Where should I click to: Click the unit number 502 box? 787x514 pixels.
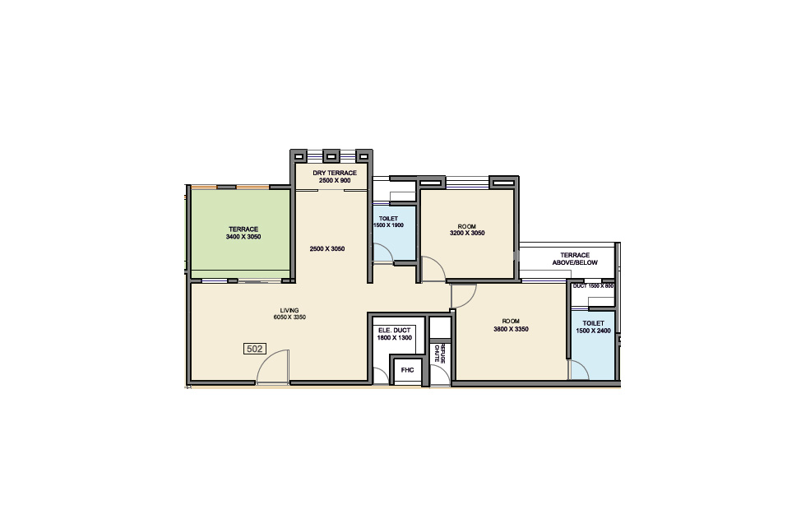[x=254, y=349]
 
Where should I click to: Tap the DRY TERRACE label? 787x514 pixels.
[x=335, y=173]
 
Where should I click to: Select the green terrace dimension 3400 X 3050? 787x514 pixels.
[x=243, y=237]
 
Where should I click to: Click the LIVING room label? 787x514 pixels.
[x=289, y=310]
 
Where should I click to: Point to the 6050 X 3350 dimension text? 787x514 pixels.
[x=289, y=317]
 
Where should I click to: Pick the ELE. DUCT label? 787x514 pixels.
[x=395, y=331]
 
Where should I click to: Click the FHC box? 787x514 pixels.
[x=408, y=370]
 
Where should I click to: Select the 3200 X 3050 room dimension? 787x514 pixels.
[x=467, y=233]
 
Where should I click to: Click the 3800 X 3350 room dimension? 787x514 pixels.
[x=511, y=329]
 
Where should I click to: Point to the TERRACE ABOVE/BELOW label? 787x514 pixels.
[x=575, y=258]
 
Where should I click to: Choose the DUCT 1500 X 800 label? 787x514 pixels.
[x=593, y=286]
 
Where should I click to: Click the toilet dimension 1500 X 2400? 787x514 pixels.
[x=593, y=331]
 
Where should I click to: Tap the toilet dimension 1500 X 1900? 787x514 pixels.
[x=388, y=225]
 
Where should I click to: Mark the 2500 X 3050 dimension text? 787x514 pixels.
[x=327, y=249]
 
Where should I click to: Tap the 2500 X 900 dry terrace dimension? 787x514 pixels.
[x=335, y=180]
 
